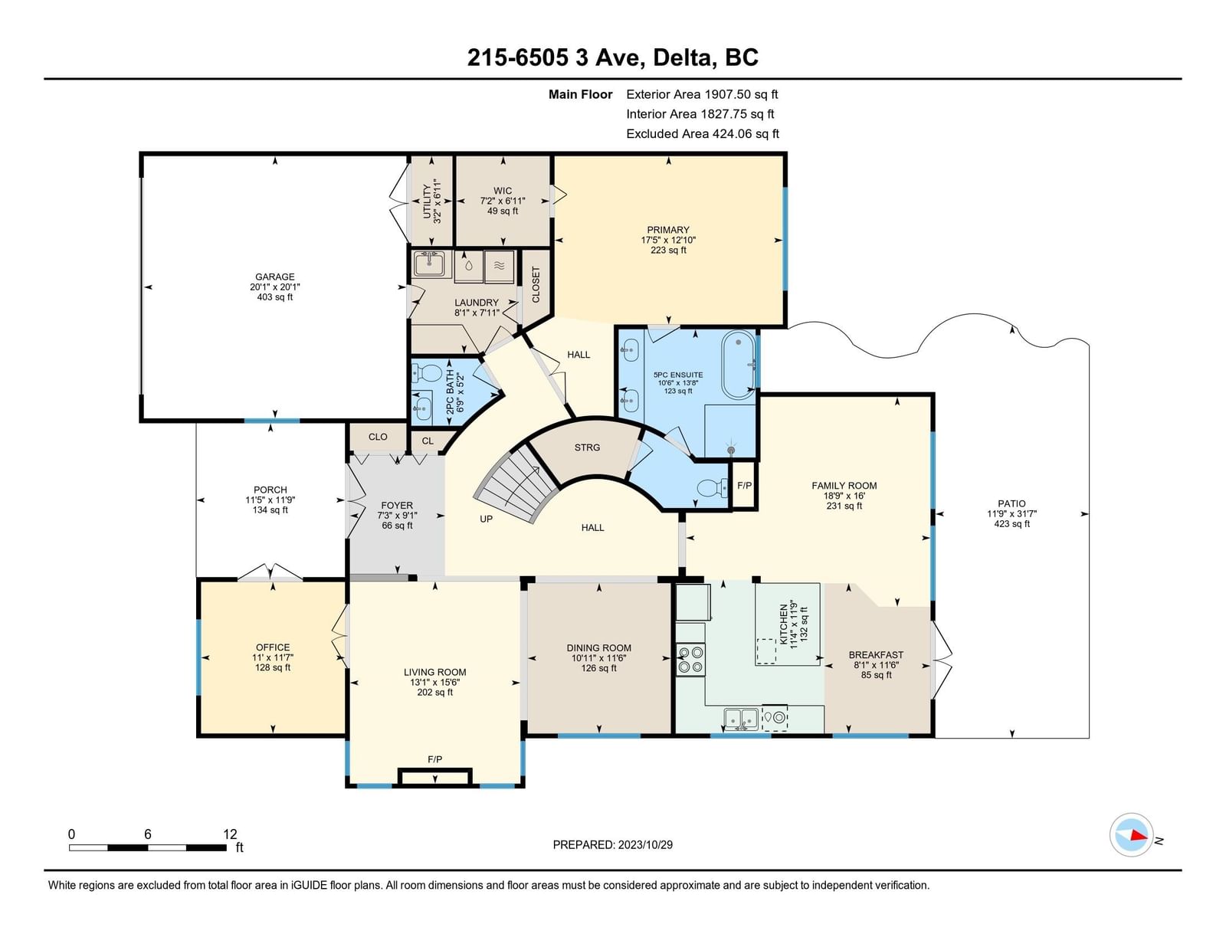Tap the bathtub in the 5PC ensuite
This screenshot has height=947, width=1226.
pos(739,365)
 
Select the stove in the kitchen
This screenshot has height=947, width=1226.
pos(691,660)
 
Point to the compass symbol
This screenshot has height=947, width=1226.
pos(1131,835)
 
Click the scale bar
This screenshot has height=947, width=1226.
pos(148,847)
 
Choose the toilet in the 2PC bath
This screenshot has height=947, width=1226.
pos(426,373)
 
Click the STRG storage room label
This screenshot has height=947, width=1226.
pos(587,447)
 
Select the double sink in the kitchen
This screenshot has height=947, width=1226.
pos(742,719)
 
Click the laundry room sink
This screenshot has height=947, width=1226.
pos(429,264)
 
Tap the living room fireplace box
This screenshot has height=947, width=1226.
pos(434,777)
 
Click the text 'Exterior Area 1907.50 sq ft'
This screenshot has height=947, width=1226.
pos(702,94)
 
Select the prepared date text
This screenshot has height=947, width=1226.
pos(613,844)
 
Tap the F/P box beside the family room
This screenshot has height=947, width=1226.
pos(744,485)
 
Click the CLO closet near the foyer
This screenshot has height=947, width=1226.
pos(378,437)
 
